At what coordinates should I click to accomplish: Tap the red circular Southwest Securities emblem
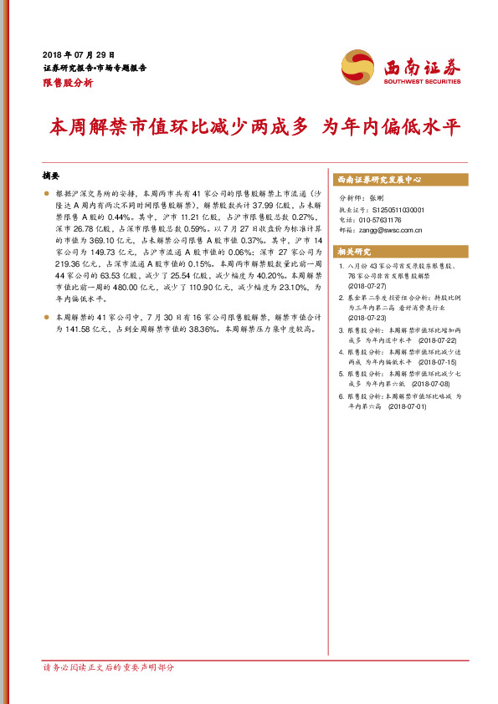[x=357, y=66]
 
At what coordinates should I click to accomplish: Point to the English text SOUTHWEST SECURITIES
[x=421, y=82]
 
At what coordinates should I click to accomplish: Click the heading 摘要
[x=51, y=176]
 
